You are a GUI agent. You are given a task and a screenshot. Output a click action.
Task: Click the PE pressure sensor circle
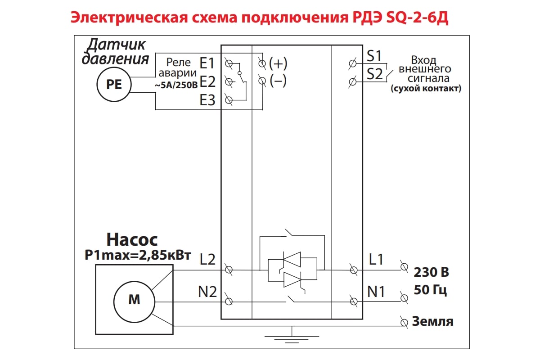click(x=114, y=84)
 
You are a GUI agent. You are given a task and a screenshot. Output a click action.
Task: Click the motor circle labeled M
click(x=134, y=300)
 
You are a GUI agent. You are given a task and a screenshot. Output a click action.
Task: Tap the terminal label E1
click(x=208, y=63)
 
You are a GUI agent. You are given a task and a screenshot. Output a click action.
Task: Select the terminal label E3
click(x=208, y=101)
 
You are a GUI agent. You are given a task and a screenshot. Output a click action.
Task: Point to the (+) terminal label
click(x=278, y=63)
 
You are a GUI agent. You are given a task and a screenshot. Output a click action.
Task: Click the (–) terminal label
click(x=278, y=81)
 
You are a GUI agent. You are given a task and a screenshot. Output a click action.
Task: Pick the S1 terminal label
click(x=374, y=56)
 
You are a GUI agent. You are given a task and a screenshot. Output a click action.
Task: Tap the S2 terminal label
click(x=374, y=74)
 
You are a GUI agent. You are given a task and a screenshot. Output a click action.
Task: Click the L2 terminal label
click(x=207, y=259)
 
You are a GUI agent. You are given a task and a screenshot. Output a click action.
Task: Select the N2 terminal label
click(x=207, y=292)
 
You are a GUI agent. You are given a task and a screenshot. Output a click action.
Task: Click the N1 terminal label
click(x=376, y=292)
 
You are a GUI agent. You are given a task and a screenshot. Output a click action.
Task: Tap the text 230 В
click(x=431, y=273)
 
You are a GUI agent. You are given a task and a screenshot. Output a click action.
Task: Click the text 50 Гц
click(x=430, y=290)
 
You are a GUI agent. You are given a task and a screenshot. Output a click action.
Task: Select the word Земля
click(x=432, y=322)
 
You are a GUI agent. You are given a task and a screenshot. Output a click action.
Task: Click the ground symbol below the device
click(x=292, y=336)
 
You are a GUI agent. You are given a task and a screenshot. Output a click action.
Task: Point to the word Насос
click(x=132, y=240)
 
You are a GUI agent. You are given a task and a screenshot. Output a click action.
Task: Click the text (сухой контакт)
click(x=426, y=89)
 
